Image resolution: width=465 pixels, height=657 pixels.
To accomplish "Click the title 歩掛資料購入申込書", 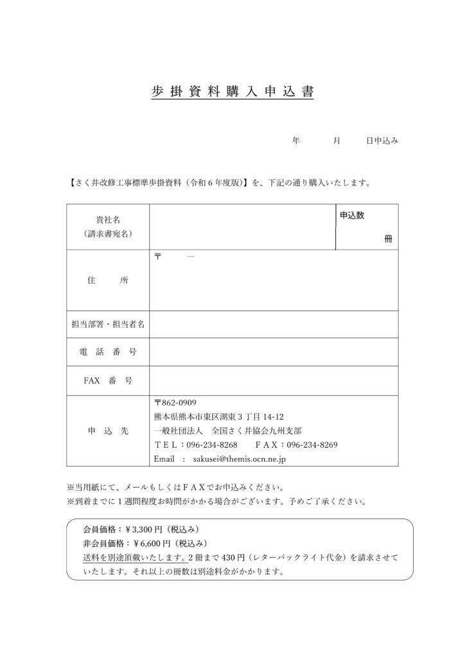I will point(232,92).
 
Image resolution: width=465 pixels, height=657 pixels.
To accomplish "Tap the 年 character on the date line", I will point(296,141).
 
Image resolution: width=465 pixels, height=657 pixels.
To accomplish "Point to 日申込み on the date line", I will point(382,141).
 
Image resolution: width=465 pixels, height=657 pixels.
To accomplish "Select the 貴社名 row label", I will point(108,220).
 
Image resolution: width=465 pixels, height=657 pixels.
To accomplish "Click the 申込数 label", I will point(352,216).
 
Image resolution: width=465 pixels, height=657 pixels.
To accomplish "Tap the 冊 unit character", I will point(388,239).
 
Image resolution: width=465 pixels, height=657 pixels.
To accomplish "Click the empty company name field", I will point(242,227).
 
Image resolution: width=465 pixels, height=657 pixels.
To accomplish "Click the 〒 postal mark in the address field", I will point(158,257).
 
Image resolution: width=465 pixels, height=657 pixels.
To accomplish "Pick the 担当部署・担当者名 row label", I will point(108,325).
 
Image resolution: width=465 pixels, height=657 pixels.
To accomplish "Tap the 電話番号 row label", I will point(108,352).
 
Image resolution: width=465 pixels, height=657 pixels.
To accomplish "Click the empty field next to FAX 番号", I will point(274,380).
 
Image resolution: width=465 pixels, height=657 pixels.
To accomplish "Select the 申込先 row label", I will point(108,431).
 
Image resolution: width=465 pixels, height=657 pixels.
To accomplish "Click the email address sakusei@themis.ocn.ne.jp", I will point(240,459).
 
